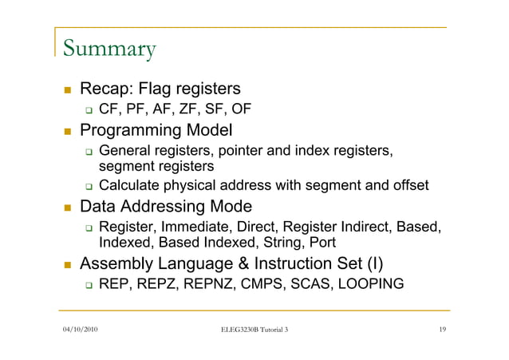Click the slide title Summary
[x=108, y=49]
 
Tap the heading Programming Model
[x=156, y=129]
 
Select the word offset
[x=408, y=186]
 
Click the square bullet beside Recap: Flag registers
[x=69, y=89]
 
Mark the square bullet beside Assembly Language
[x=69, y=263]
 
